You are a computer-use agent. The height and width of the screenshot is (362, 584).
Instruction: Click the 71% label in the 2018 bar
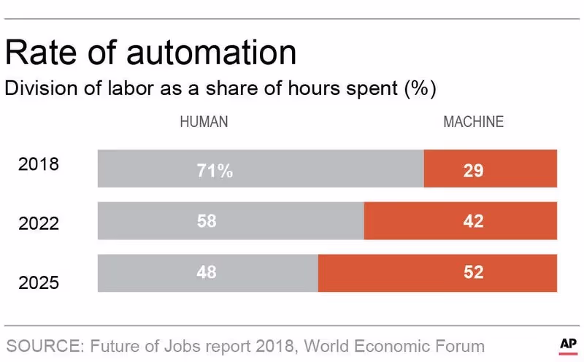(215, 171)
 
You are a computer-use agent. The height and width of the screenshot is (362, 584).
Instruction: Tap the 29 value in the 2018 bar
(473, 171)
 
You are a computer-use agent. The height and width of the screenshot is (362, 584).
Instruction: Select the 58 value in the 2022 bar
(207, 221)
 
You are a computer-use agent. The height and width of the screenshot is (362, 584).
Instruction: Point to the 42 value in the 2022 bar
(473, 221)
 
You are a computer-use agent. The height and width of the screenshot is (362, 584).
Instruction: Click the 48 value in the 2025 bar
(207, 272)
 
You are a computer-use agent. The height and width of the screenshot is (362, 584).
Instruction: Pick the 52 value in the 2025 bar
(473, 272)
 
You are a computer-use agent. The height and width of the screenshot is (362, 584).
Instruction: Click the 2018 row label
(38, 164)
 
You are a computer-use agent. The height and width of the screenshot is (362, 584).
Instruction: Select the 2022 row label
(38, 222)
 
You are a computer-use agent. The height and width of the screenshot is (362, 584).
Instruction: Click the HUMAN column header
(204, 122)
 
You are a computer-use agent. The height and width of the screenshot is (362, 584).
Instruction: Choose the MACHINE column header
(473, 122)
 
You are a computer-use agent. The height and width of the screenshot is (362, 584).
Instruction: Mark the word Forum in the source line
(459, 345)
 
